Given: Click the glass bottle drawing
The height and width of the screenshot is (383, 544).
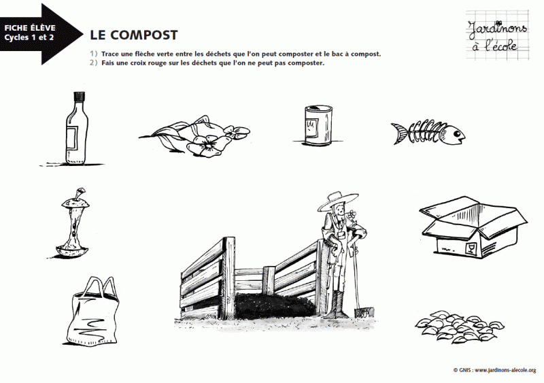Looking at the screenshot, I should pyautogui.click(x=76, y=133).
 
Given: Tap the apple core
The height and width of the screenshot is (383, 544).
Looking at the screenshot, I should pyautogui.click(x=73, y=224).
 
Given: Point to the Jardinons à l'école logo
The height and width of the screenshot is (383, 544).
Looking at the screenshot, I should pyautogui.click(x=493, y=33).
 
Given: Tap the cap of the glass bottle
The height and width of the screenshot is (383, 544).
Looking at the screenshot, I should pyautogui.click(x=78, y=97).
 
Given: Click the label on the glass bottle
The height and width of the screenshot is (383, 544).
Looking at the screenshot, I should pyautogui.click(x=72, y=139).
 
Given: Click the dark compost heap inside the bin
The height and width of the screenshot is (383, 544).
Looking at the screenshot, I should pyautogui.click(x=272, y=304).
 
